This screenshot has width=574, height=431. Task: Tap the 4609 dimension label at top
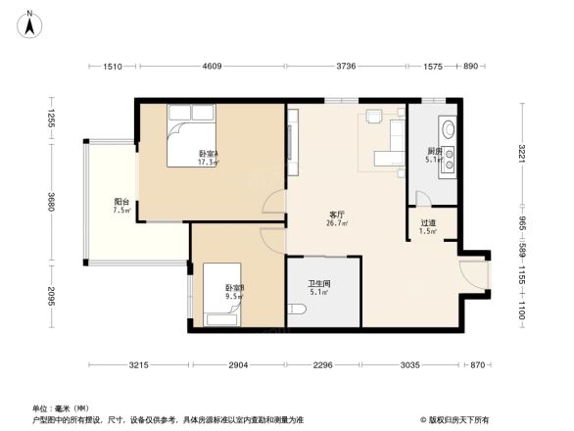coord(213,67)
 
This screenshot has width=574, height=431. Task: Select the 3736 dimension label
coord(347,67)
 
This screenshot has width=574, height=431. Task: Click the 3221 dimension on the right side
coord(522,153)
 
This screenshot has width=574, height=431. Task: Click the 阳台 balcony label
coord(121,203)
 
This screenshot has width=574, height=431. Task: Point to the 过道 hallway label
coord(427,223)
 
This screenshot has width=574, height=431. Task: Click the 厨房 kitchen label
coord(434,151)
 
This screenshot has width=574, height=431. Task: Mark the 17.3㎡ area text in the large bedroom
coord(208,164)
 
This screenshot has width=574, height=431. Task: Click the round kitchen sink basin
coord(448,127)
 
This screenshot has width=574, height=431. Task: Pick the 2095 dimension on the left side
coord(49,295)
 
